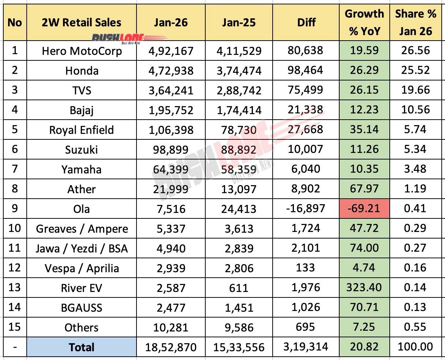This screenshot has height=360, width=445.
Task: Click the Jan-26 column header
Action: pyautogui.click(x=171, y=23)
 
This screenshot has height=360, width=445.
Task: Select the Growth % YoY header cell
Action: pyautogui.click(x=364, y=23)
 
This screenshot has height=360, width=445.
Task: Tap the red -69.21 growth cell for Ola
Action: pyautogui.click(x=364, y=209)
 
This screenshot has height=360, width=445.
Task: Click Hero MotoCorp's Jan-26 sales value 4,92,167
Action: pyautogui.click(x=171, y=50)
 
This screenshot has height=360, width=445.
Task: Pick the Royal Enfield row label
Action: pyautogui.click(x=81, y=130)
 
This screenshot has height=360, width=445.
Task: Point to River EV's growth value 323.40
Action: pyautogui.click(x=364, y=288)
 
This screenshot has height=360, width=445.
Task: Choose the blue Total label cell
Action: pyautogui.click(x=81, y=347)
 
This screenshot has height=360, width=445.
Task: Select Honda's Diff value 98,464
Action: pyautogui.click(x=306, y=70)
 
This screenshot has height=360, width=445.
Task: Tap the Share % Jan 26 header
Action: pyautogui.click(x=415, y=23)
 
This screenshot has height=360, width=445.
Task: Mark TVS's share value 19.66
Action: pyautogui.click(x=415, y=90)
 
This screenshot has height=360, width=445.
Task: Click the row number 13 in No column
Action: pyautogui.click(x=15, y=288)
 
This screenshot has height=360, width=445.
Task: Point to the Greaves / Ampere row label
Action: pyautogui.click(x=81, y=229)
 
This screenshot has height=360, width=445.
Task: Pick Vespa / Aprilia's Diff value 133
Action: pyautogui.click(x=306, y=268)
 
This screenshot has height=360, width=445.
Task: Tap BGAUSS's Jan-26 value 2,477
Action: pyautogui.click(x=171, y=307)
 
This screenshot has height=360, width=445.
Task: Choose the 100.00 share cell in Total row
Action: pyautogui.click(x=415, y=347)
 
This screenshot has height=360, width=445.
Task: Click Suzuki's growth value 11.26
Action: pyautogui.click(x=364, y=150)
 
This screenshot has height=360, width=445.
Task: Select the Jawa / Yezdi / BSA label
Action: pyautogui.click(x=81, y=248)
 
